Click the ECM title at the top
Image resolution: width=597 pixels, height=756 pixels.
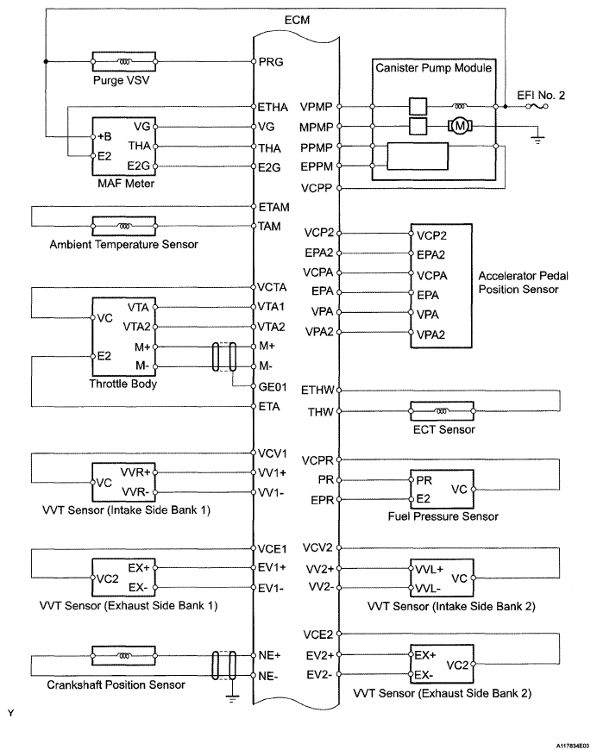[297, 20]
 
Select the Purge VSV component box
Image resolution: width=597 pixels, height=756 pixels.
[123, 62]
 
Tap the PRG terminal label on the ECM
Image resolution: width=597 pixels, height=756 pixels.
[271, 62]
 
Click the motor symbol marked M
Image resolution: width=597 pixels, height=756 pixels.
[460, 127]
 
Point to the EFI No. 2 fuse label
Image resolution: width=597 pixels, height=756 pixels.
[541, 95]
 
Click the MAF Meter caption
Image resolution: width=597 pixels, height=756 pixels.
[126, 184]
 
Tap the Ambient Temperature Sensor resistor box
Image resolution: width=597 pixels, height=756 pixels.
[123, 226]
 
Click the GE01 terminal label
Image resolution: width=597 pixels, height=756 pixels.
[273, 387]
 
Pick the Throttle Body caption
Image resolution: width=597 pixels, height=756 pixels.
[123, 384]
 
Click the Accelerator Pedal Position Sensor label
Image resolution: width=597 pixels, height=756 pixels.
[523, 283]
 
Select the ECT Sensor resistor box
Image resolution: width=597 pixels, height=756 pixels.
[442, 411]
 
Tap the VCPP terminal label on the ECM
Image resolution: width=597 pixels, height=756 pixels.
[317, 188]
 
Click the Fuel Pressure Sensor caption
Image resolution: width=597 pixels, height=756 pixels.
[443, 516]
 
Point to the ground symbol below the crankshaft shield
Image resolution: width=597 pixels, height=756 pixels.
[232, 697]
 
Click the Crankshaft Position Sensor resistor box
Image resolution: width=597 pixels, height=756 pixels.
[123, 656]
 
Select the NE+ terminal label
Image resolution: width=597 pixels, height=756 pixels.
[270, 655]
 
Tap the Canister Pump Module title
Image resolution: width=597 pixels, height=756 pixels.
[433, 67]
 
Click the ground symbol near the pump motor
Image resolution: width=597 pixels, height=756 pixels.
[537, 140]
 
